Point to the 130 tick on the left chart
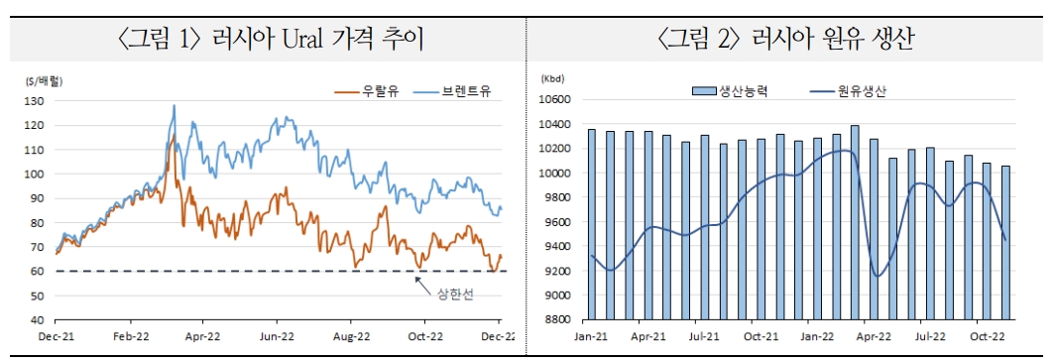coord(36,101)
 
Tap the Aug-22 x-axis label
coord(351,337)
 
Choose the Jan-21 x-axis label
coord(593,337)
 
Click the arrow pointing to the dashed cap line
coord(422,284)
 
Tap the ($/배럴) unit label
coord(43,78)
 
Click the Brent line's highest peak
coord(175,105)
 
